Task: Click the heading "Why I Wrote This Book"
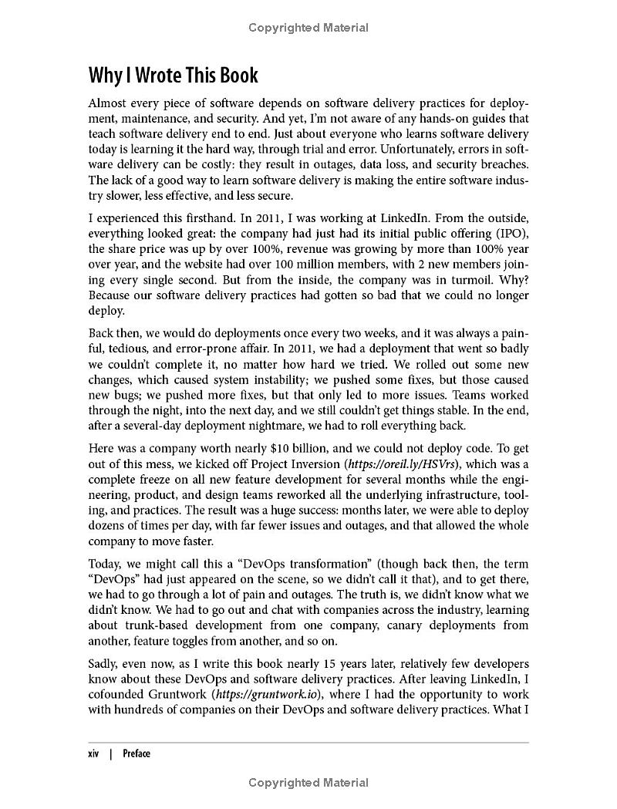[x=173, y=76]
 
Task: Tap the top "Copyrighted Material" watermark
[x=308, y=28]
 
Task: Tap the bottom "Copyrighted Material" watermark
[x=308, y=783]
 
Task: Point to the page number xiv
[x=95, y=753]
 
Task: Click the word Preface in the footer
[x=137, y=753]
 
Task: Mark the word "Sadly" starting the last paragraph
[x=105, y=664]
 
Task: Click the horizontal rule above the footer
[x=308, y=743]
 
